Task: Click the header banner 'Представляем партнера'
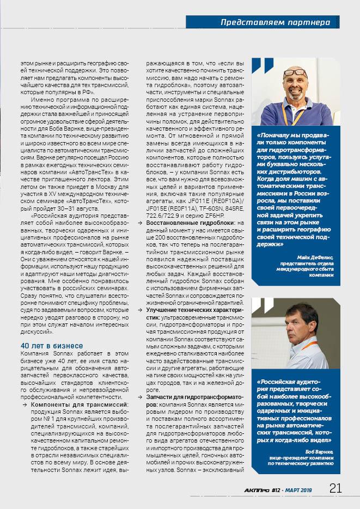pos(276,22)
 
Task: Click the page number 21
pos(335,488)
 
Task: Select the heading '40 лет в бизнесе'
pos(52,346)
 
